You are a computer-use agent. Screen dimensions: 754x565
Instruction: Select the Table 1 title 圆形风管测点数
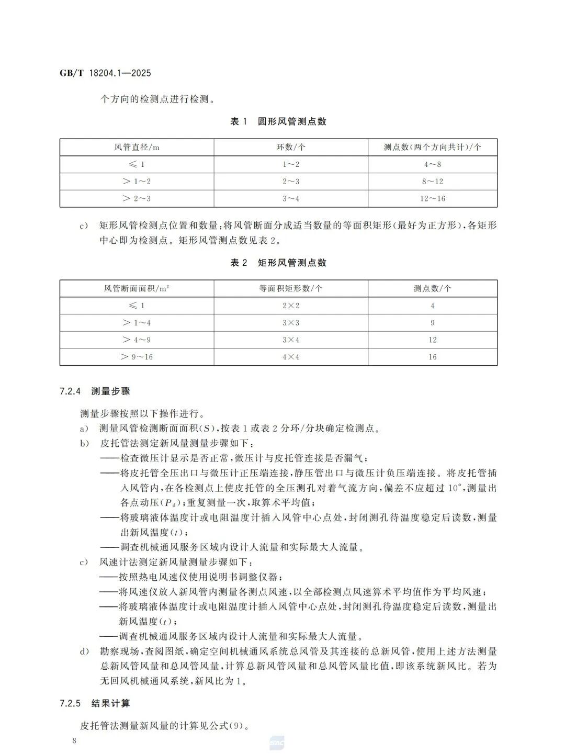pos(278,121)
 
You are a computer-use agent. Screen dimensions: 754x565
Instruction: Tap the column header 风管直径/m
pos(137,147)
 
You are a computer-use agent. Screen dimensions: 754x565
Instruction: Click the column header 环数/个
pos(291,147)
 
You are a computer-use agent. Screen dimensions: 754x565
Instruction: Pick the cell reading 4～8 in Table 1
pos(433,164)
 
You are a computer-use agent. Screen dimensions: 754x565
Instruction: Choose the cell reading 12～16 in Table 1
pos(433,198)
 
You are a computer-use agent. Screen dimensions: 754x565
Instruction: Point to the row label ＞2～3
pos(137,198)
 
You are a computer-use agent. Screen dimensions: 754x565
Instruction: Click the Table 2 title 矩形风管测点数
pos(278,263)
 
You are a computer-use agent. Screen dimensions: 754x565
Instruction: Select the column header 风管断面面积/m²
pos(137,288)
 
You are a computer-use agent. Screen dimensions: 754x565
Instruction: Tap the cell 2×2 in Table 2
pos(291,306)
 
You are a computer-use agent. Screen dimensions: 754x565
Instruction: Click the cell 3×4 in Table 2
pos(291,340)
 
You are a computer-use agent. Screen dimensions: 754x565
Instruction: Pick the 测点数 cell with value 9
pos(433,323)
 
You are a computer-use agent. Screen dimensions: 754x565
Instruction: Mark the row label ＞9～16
pos(137,357)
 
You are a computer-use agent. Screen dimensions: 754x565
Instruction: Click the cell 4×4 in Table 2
pos(291,357)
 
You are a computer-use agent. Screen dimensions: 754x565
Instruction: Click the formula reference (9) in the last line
pos(236,726)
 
